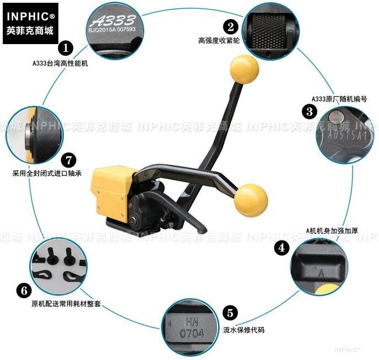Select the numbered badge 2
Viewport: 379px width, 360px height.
coord(230,26)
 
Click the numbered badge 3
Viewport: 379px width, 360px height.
coord(310,111)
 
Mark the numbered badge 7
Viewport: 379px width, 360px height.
coord(67,160)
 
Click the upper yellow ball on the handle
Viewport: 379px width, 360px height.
coord(244,70)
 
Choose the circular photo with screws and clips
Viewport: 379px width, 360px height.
coord(58,265)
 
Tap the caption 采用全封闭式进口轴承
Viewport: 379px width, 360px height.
coord(47,173)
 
